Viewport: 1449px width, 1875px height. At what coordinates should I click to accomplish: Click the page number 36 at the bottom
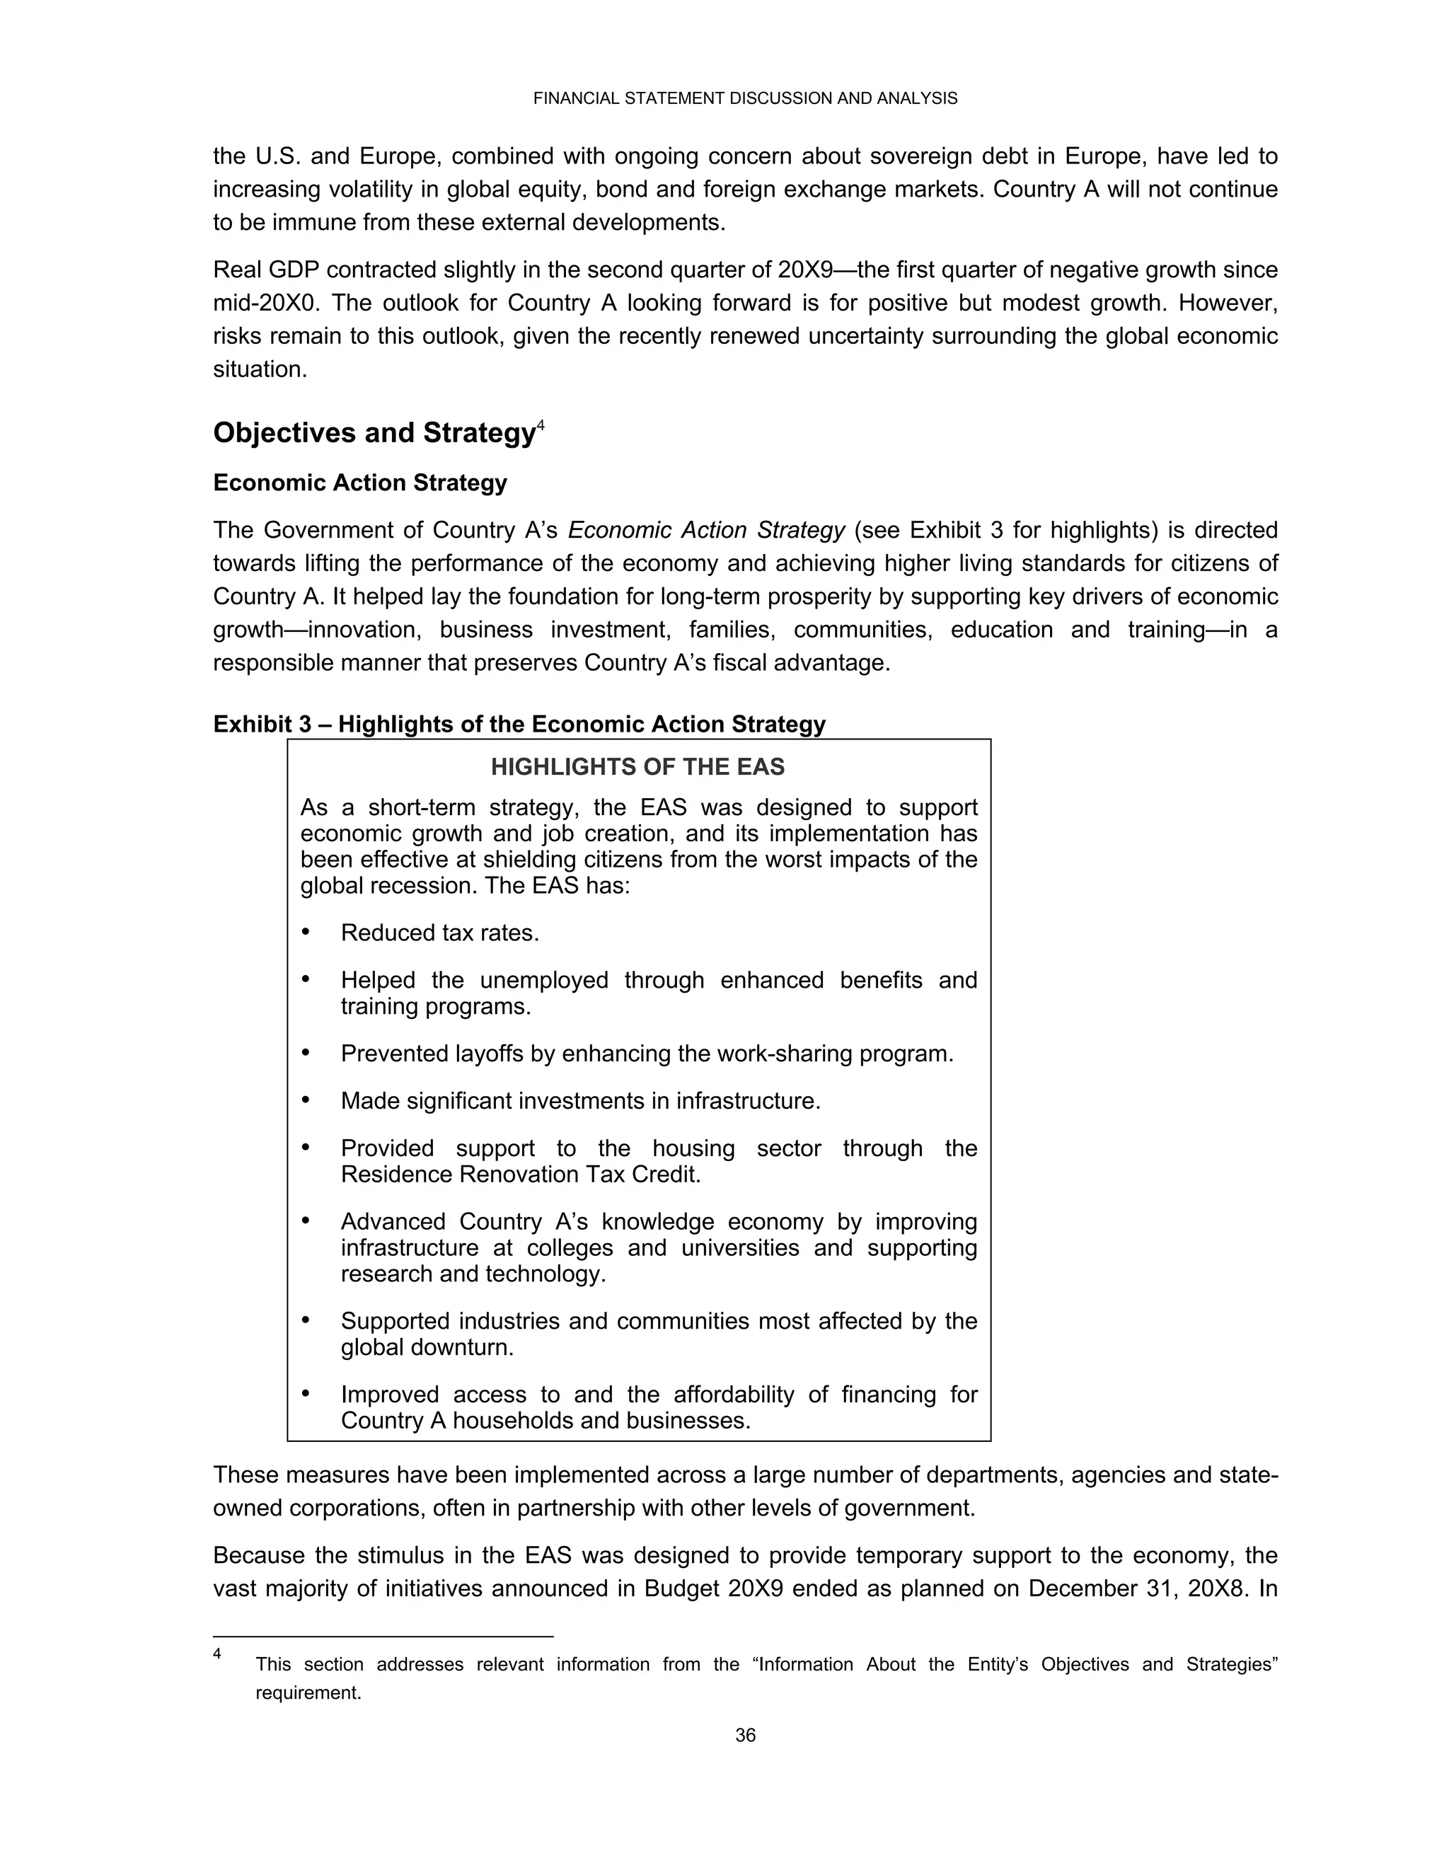click(x=744, y=1735)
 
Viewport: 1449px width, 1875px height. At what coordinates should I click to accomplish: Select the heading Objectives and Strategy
click(x=374, y=433)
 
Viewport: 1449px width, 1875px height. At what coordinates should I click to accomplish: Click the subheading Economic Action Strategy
click(x=359, y=483)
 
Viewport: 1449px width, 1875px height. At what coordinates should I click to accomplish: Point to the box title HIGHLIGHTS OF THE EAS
click(x=637, y=767)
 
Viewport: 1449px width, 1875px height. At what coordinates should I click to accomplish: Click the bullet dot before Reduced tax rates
click(x=306, y=932)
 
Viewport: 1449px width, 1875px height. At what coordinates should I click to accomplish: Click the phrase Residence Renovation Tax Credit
click(x=520, y=1175)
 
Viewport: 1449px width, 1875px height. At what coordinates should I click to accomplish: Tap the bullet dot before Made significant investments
click(x=306, y=1100)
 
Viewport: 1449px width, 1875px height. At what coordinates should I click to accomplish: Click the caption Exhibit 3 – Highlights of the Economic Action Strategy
click(x=519, y=724)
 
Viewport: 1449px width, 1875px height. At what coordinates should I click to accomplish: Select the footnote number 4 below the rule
click(x=217, y=1654)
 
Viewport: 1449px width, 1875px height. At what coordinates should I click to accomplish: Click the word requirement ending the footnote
click(x=307, y=1693)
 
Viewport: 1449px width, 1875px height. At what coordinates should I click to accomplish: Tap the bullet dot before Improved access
click(x=306, y=1393)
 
